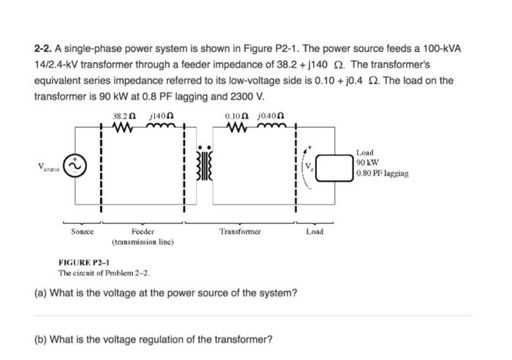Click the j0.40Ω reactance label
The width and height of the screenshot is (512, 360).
tap(270, 116)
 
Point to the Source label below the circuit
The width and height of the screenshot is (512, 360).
tap(82, 231)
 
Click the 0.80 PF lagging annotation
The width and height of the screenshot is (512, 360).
tap(383, 173)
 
